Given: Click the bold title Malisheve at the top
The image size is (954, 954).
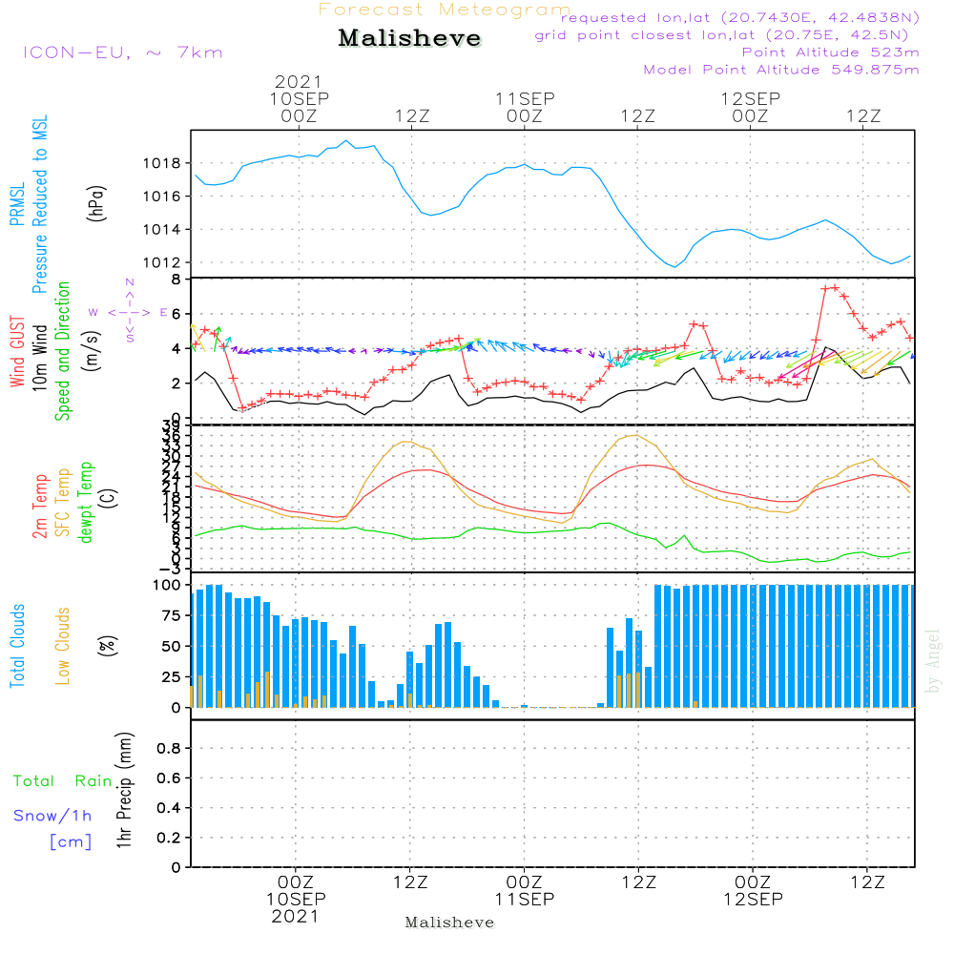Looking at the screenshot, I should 409,39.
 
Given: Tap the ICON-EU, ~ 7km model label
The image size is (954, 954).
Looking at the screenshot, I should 122,52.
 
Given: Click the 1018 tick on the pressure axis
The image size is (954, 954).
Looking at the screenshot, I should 168,163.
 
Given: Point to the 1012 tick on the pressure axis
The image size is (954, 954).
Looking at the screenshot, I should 168,262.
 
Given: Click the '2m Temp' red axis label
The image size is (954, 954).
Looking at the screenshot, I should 41,506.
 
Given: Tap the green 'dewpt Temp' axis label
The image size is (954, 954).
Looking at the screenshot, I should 86,503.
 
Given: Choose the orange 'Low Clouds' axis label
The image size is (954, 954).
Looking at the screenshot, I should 63,644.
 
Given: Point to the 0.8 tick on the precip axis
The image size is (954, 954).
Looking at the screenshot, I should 168,749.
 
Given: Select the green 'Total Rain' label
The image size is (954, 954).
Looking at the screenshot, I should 63,781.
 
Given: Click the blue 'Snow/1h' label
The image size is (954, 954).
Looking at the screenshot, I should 53,816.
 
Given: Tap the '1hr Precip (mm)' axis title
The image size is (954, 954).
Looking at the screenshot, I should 124,792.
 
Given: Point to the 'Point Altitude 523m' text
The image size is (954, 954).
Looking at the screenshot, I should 830,52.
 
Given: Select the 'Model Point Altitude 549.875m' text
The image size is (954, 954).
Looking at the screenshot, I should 781,70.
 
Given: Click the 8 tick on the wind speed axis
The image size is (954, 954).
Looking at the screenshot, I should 176,280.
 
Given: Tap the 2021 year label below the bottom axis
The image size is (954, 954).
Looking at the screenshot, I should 296,917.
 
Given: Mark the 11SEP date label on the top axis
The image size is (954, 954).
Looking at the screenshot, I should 524,98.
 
